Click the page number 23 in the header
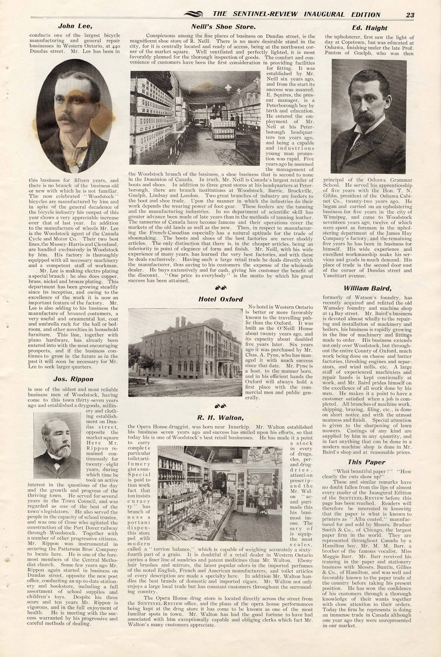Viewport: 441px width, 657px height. click(x=409, y=15)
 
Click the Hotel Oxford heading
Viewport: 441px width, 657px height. click(x=220, y=299)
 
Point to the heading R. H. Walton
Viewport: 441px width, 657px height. click(x=220, y=417)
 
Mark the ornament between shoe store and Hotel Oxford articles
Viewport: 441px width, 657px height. click(x=220, y=288)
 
